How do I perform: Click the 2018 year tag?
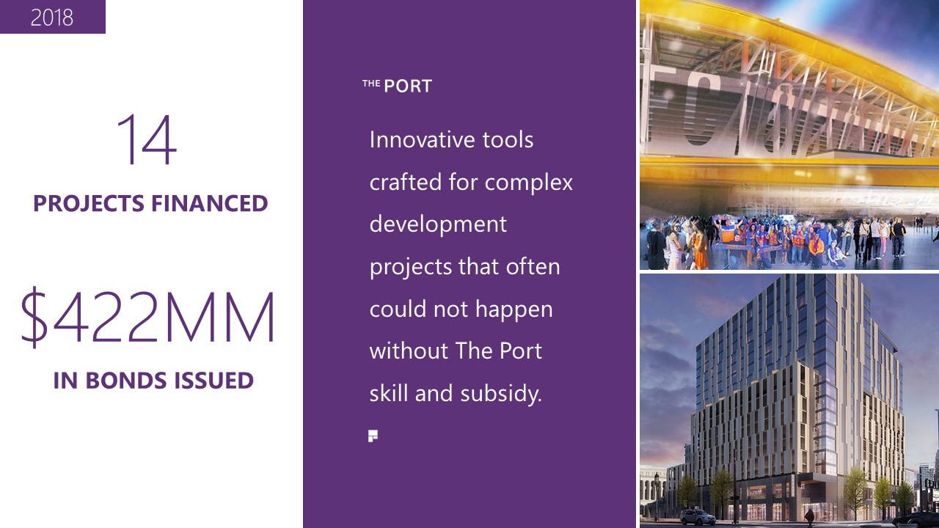coord(52,18)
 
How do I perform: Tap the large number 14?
coord(147,139)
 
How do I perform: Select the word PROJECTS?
coord(89,204)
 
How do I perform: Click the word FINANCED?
coord(209,204)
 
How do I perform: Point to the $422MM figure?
coord(147,318)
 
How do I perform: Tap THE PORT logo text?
coord(397,86)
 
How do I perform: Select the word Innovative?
coord(422,139)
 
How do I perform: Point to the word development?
coord(438,225)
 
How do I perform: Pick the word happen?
coord(514,310)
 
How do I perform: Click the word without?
coord(409,351)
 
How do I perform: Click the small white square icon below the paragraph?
coord(373,436)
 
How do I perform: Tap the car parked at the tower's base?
coord(697,517)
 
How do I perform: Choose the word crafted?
coord(406,183)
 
